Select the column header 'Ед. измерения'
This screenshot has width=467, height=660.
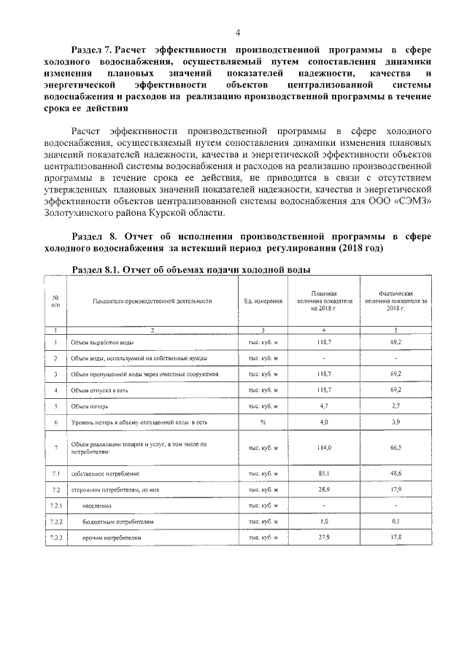coord(263,300)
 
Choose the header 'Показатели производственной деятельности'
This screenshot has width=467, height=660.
coord(152,300)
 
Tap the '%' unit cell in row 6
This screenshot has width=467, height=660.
coord(263,422)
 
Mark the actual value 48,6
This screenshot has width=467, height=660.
coord(396,473)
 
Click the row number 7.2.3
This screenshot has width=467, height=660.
coord(56,537)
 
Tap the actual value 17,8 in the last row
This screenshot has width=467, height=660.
coord(396,537)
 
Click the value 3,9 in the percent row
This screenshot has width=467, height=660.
coord(396,422)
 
